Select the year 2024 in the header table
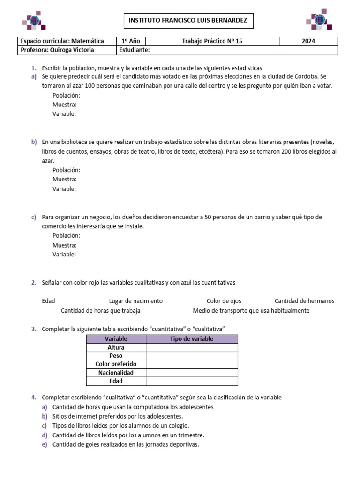[308, 41]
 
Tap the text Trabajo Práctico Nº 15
[212, 41]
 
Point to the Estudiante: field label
[135, 50]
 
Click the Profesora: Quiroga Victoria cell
[57, 50]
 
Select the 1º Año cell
[131, 41]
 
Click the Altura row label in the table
[116, 347]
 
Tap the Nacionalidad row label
[116, 373]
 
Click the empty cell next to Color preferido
[192, 364]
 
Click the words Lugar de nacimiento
[136, 301]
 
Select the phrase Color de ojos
[224, 301]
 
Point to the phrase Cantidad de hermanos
[304, 301]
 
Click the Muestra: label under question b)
[65, 179]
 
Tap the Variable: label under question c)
[64, 254]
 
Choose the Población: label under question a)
[66, 95]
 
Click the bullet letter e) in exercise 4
[45, 445]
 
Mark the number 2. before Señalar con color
[34, 283]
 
